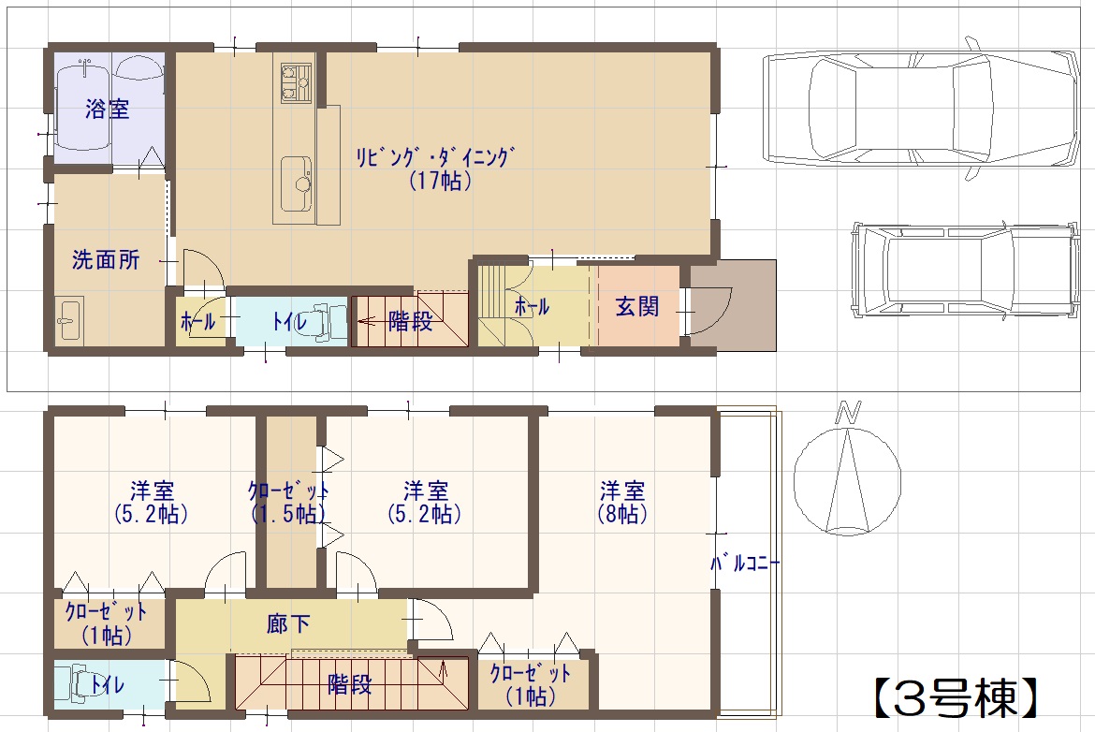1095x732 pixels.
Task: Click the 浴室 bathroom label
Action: [x=108, y=109]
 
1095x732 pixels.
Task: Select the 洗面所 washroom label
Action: [x=106, y=260]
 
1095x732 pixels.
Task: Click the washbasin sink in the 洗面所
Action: [x=69, y=320]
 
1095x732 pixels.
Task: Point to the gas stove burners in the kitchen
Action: [x=296, y=81]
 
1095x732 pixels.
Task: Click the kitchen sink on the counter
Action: [x=296, y=183]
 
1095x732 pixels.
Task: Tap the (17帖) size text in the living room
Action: [x=440, y=181]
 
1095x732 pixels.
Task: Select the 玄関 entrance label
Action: [x=637, y=306]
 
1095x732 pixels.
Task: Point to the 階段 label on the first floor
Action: [x=410, y=321]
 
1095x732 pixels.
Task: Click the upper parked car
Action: [x=919, y=110]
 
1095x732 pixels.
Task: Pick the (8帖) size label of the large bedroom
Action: [x=622, y=514]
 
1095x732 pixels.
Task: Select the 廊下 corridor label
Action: [x=288, y=623]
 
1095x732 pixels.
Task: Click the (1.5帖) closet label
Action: [x=288, y=514]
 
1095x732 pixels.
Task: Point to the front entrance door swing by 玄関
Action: [x=708, y=311]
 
